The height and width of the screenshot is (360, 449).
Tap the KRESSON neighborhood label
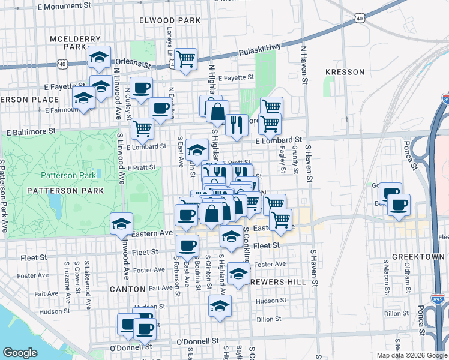click(345, 72)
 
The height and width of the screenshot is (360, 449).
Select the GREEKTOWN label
click(418, 257)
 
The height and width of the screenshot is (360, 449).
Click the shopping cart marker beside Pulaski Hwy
click(186, 58)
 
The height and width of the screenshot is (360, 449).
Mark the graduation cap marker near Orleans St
click(99, 57)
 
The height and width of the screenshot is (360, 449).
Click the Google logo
click(20, 353)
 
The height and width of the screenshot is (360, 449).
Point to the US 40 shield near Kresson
click(360, 19)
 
